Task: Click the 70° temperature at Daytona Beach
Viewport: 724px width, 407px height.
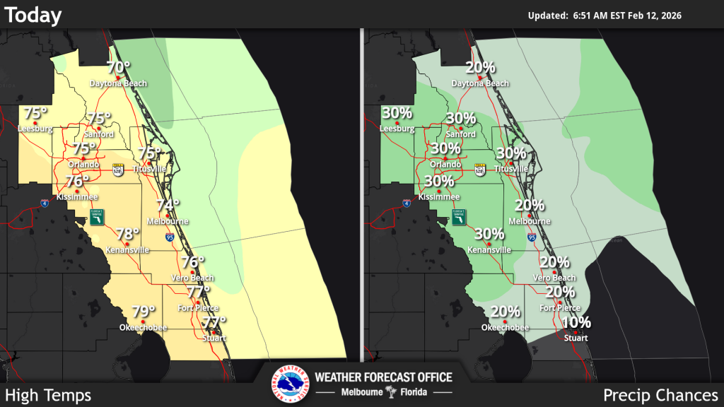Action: pos(118,68)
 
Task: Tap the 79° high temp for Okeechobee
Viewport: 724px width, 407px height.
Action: pos(144,312)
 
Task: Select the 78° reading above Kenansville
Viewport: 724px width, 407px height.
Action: pos(127,234)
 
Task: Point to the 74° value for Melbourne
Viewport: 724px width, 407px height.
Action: pos(168,206)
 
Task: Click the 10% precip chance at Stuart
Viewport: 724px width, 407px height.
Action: pos(576,323)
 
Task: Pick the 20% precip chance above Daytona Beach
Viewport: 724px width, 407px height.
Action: pos(480,68)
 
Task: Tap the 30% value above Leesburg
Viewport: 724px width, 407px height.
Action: pos(397,113)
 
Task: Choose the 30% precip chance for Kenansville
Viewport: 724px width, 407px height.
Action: pos(489,234)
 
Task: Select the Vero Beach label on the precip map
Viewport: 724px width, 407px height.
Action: pos(554,278)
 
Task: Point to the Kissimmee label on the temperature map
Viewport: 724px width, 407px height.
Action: pos(78,196)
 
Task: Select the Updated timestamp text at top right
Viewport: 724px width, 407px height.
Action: pos(604,16)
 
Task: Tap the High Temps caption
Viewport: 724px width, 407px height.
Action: pos(48,395)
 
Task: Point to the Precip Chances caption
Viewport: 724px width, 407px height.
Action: pos(660,395)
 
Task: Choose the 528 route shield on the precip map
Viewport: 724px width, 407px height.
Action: pos(480,170)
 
